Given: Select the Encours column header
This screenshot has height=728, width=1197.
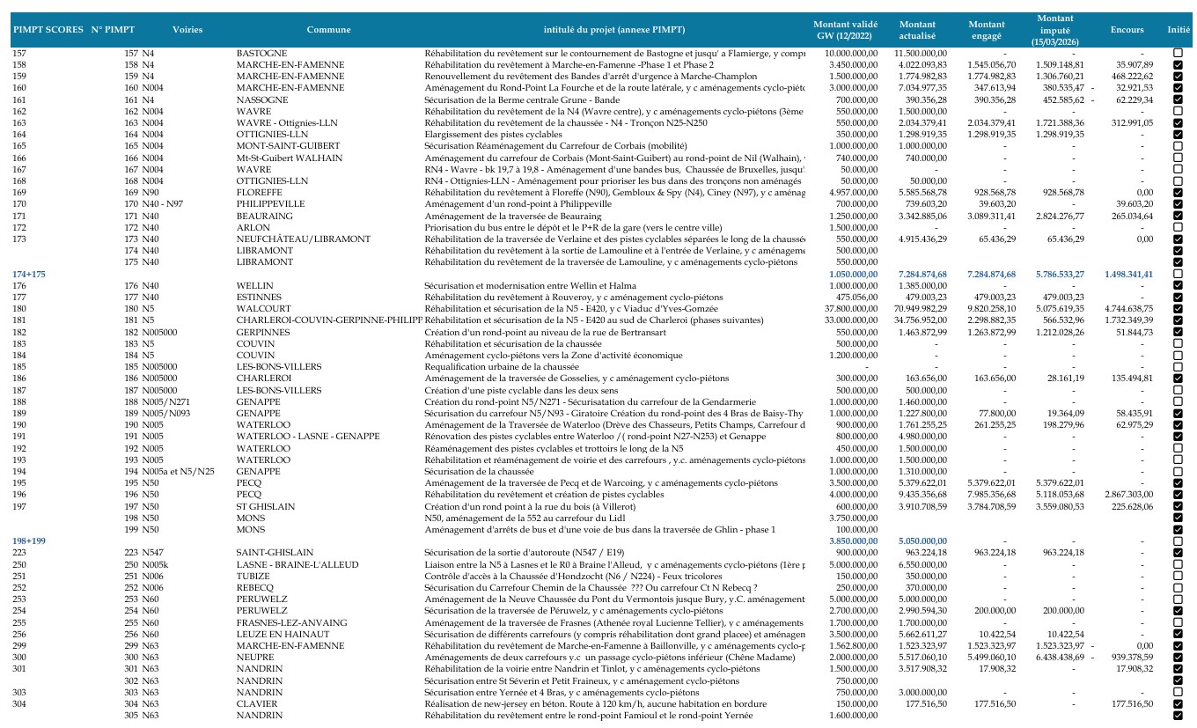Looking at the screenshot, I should click(1127, 30).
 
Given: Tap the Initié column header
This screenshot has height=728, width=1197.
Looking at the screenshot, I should click(1178, 30).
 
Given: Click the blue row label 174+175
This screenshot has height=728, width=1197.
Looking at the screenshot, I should click(29, 274).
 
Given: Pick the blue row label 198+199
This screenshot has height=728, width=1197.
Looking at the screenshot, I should click(29, 540).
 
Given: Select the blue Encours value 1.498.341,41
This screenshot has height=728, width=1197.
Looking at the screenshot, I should click(1128, 274).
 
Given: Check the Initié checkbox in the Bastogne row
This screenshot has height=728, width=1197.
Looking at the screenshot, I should click(1178, 54).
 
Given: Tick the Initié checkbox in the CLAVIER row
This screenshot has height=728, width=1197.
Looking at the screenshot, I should click(1178, 704).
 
